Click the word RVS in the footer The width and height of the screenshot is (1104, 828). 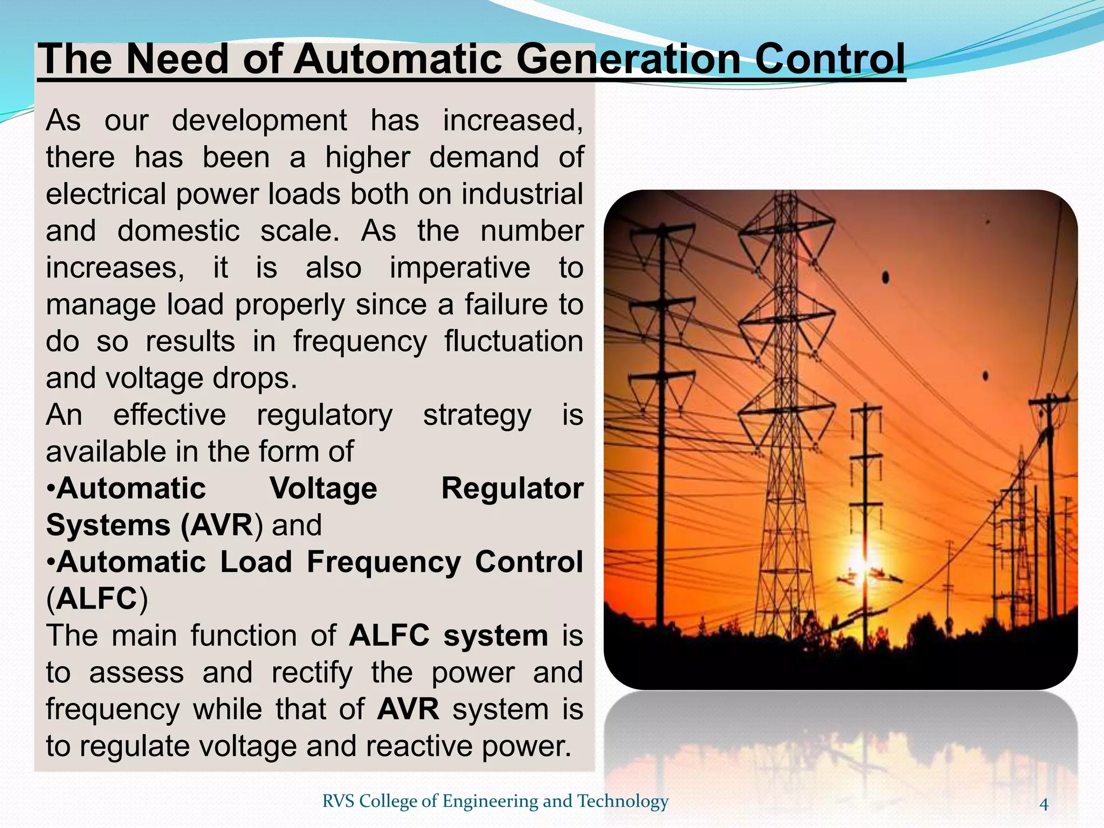[338, 801]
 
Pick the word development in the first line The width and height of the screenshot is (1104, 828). [259, 120]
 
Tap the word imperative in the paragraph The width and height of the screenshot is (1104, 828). [460, 268]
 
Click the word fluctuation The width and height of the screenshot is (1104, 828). [514, 342]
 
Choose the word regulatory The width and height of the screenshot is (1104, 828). [325, 416]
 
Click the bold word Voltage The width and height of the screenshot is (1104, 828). [323, 489]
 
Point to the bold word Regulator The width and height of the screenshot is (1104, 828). [512, 489]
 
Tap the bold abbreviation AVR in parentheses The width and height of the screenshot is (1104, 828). [220, 526]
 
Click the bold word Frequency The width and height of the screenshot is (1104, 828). [384, 562]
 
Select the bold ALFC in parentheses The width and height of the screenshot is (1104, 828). [97, 599]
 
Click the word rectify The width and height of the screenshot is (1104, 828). [312, 673]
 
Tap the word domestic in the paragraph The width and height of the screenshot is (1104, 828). [178, 231]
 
